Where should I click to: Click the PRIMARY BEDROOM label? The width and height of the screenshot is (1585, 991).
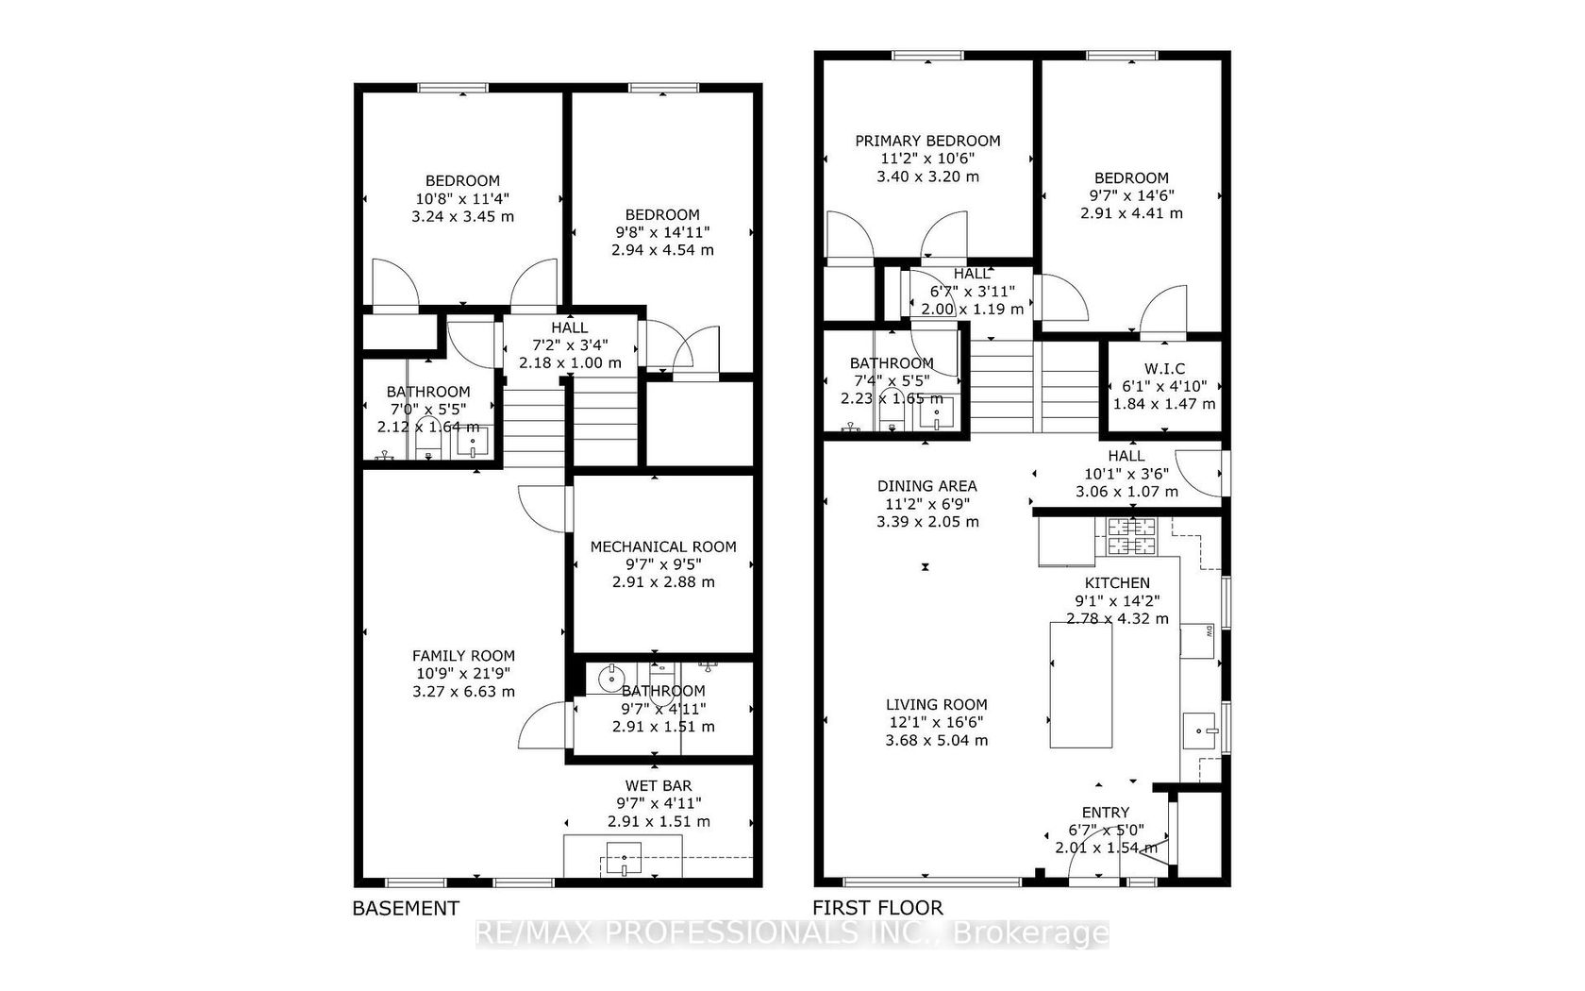pyautogui.click(x=927, y=141)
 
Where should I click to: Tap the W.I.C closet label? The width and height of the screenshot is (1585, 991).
pyautogui.click(x=1164, y=369)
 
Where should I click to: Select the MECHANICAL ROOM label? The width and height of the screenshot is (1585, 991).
pyautogui.click(x=663, y=546)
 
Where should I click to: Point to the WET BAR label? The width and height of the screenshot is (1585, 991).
pyautogui.click(x=659, y=785)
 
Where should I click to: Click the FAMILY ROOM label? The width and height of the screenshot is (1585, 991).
pyautogui.click(x=463, y=656)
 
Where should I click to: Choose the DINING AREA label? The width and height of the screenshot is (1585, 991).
pyautogui.click(x=926, y=486)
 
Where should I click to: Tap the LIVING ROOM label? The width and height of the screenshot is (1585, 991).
pyautogui.click(x=936, y=705)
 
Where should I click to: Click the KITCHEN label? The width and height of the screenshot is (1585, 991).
pyautogui.click(x=1117, y=583)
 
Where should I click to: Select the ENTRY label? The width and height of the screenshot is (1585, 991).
pyautogui.click(x=1106, y=813)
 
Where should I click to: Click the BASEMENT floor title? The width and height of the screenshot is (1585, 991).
pyautogui.click(x=406, y=909)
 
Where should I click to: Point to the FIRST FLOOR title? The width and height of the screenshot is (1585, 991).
pyautogui.click(x=877, y=908)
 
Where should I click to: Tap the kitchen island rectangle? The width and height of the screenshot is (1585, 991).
pyautogui.click(x=1080, y=685)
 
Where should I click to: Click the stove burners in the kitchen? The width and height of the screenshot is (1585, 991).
pyautogui.click(x=1131, y=536)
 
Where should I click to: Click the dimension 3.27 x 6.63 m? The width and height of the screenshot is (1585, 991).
pyautogui.click(x=463, y=692)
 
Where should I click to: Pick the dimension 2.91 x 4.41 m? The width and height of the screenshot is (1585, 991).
pyautogui.click(x=1131, y=213)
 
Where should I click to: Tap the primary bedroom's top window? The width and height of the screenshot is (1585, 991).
pyautogui.click(x=927, y=55)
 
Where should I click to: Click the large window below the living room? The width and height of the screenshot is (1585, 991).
pyautogui.click(x=932, y=882)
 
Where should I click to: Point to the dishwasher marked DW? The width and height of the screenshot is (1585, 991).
pyautogui.click(x=1197, y=641)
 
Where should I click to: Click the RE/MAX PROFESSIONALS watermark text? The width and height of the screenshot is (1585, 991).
pyautogui.click(x=792, y=933)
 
